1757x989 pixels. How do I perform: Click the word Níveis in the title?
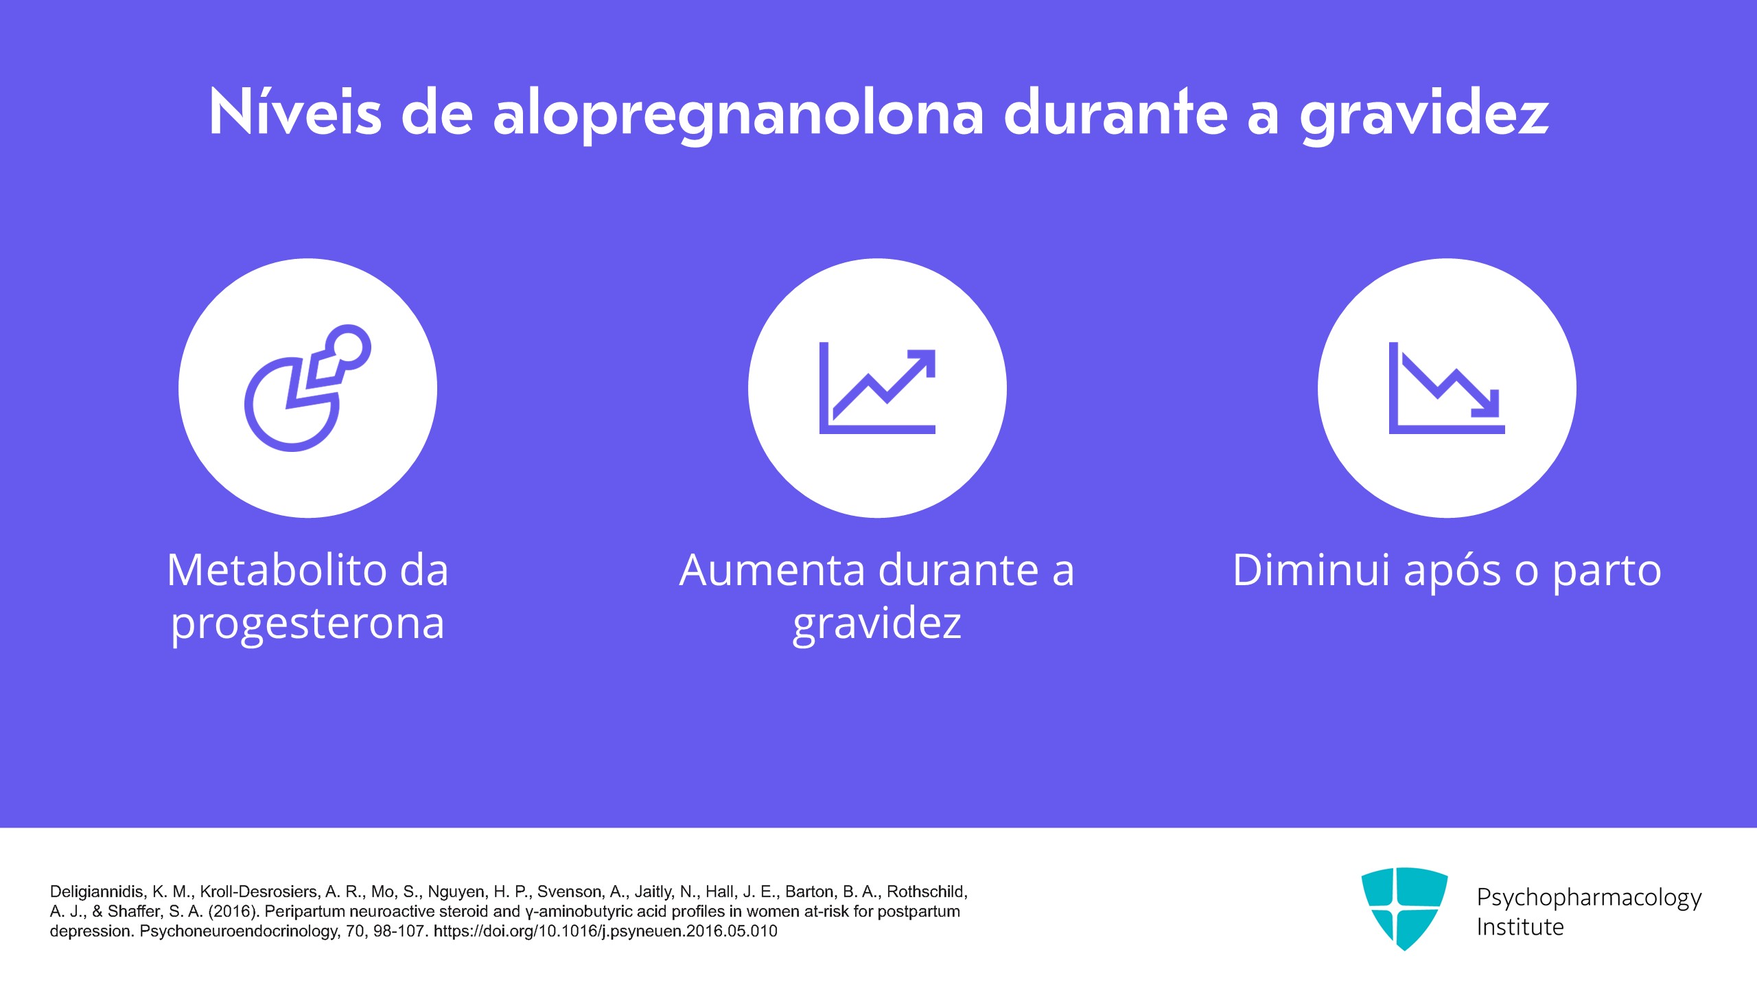point(295,111)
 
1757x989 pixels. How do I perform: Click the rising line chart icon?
point(877,388)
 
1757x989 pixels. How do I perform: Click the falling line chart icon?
point(1447,388)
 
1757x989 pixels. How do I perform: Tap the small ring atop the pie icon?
point(348,348)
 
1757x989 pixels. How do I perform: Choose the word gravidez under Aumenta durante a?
point(877,624)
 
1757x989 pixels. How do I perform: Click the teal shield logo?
point(1404,909)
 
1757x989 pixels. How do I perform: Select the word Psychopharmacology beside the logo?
point(1589,898)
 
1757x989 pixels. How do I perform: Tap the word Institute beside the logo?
point(1520,927)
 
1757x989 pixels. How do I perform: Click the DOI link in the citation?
point(605,931)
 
